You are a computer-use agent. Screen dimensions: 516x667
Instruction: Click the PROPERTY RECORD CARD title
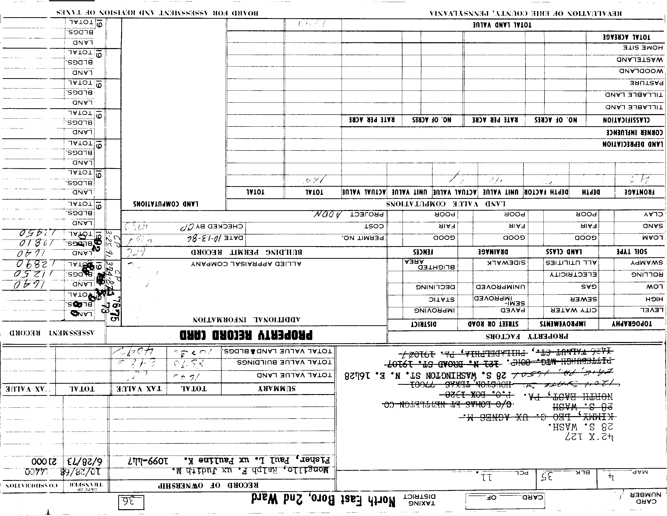click(x=246, y=335)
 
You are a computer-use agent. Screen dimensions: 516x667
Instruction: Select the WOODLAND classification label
click(x=641, y=71)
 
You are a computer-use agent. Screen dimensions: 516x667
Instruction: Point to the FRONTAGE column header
click(x=638, y=192)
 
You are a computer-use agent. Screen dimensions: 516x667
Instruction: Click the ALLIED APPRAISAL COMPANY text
click(x=246, y=264)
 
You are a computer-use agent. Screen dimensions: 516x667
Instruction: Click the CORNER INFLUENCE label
click(x=634, y=132)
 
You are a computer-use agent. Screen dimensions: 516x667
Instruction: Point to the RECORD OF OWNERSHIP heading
click(x=208, y=485)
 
